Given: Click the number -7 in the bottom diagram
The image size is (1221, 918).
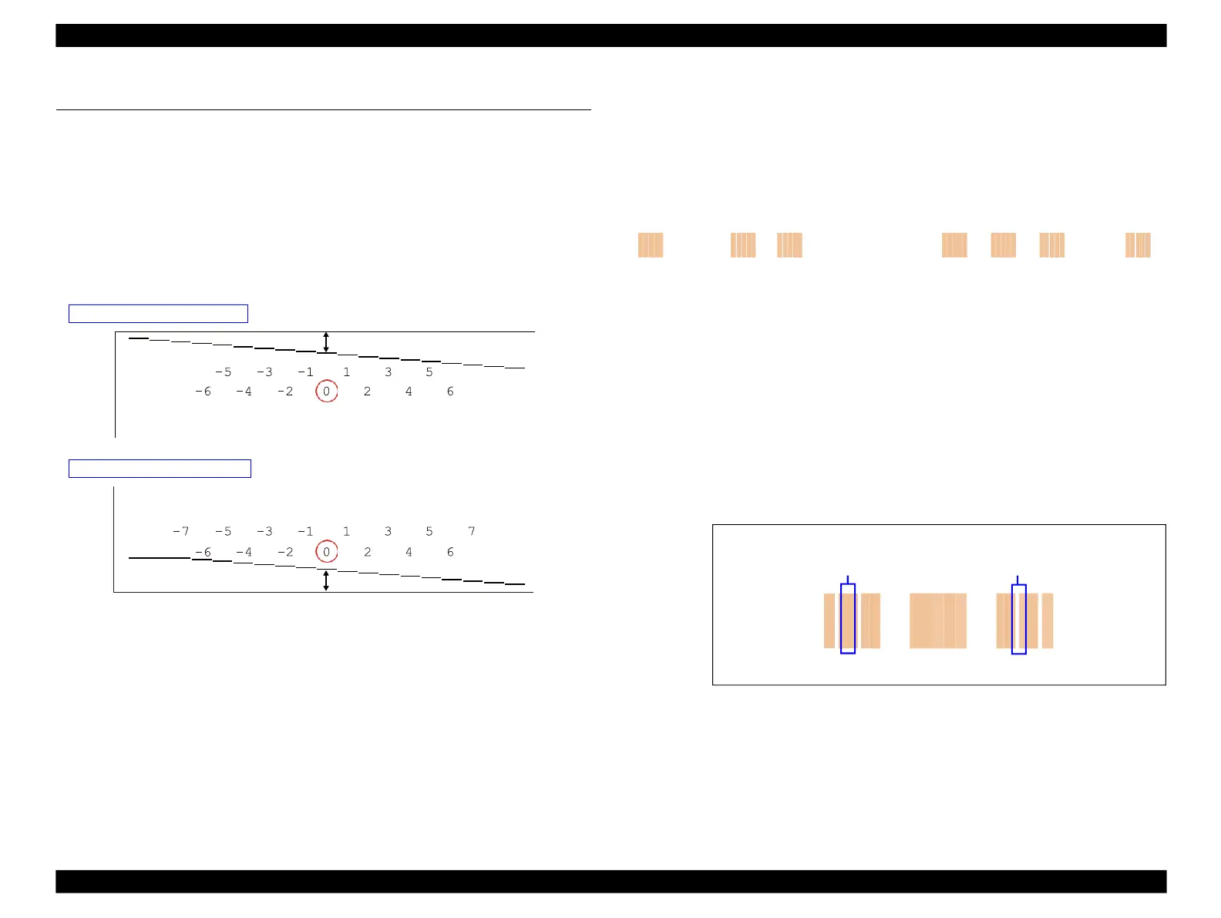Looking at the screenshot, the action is (180, 531).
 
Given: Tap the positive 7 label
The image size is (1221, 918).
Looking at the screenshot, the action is (472, 531).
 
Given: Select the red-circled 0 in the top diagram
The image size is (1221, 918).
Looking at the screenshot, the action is (326, 392).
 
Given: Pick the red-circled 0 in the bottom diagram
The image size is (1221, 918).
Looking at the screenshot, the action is (326, 552).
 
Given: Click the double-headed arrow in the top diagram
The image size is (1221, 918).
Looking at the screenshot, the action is (326, 342).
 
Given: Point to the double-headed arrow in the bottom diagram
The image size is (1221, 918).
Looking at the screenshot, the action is (326, 580).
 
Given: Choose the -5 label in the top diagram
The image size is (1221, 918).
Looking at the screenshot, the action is (223, 372).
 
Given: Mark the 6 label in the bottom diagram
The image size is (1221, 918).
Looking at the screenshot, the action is (450, 552).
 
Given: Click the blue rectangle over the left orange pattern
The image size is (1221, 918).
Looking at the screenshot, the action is (847, 619).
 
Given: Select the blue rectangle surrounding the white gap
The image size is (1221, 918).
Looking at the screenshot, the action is (1018, 619).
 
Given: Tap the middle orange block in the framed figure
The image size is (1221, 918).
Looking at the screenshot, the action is (937, 620).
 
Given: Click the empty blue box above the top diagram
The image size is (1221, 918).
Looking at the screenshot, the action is (158, 313).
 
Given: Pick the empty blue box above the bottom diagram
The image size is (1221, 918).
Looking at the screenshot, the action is (160, 469).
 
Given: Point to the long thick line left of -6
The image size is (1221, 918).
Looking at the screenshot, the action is (159, 557).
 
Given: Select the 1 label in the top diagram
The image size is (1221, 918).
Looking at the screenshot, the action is (347, 372).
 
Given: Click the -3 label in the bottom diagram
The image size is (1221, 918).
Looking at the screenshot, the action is (264, 531).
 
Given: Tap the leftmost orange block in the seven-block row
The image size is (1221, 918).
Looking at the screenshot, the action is (651, 245).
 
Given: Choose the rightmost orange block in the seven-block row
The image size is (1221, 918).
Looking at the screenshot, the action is (1138, 245).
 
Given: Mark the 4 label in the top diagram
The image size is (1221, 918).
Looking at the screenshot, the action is (409, 392).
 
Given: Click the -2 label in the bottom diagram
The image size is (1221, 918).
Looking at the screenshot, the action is (285, 552).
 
